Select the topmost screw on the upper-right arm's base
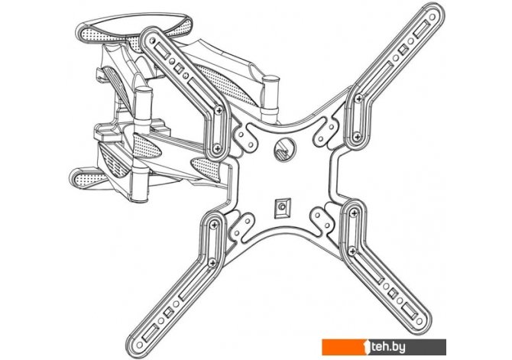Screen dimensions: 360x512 [x=358, y=100]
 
